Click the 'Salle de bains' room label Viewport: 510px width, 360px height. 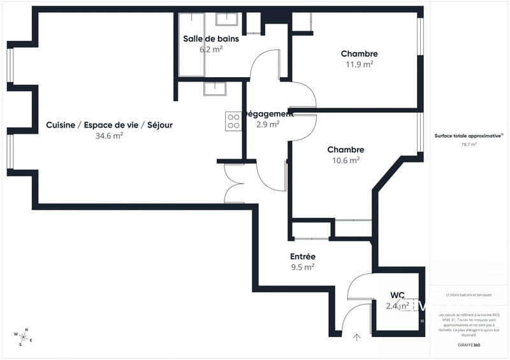pos(211,39)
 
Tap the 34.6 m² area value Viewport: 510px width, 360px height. pos(109,136)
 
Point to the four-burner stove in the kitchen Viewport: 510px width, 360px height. pos(233,121)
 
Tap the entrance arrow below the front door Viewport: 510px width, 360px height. pos(356,337)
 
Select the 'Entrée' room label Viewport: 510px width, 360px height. pos(303,256)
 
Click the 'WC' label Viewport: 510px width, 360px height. pos(398,295)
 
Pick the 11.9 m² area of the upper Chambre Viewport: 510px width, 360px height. pos(359,64)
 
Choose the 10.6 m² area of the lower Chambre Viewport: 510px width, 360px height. pos(346,160)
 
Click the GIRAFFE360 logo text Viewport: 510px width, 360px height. pos(469,345)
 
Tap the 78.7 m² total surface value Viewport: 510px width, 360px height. pos(469,145)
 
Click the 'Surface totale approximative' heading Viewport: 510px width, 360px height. pos(469,136)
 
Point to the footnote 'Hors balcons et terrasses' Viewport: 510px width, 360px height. pos(469,295)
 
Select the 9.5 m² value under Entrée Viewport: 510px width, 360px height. pos(303,267)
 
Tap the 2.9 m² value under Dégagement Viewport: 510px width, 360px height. pos(268,124)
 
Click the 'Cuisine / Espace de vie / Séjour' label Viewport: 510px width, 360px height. pos(109,125)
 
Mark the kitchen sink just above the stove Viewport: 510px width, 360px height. pos(215,89)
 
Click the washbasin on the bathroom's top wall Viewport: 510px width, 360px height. pos(226,18)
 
